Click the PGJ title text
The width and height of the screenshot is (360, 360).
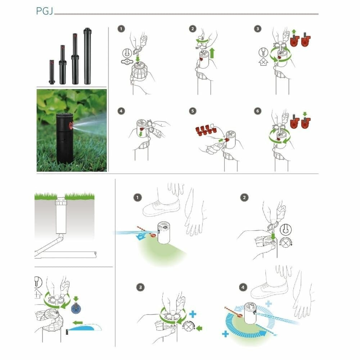pos(45,11)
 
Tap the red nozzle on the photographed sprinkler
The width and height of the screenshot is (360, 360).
pos(70,126)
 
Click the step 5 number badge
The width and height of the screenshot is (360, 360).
pos(193,111)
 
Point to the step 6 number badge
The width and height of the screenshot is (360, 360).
pos(257,111)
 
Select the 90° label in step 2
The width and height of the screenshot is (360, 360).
pos(197,47)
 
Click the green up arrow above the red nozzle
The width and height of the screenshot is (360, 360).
pos(294,32)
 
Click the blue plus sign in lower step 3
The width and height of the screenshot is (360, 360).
pos(193,314)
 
